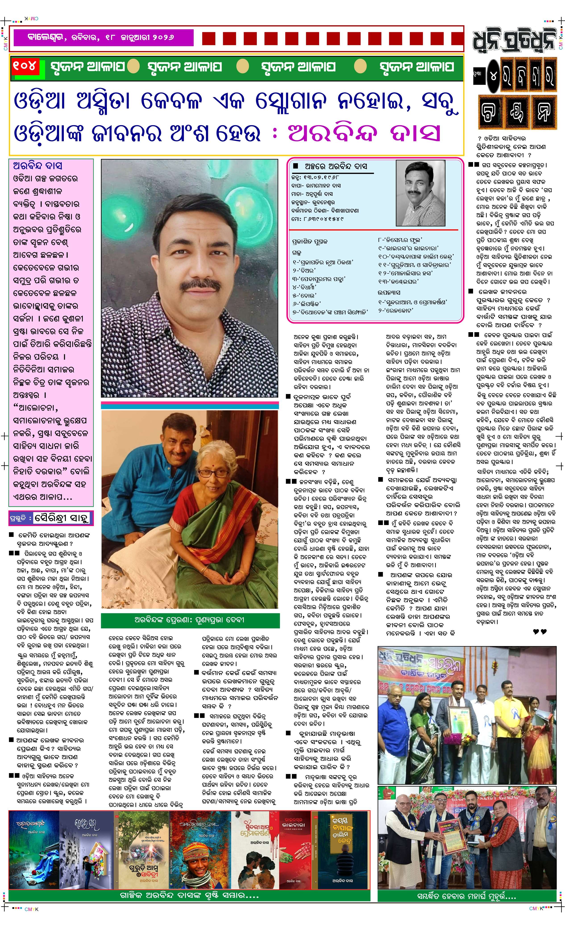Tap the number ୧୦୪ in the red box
(25, 66)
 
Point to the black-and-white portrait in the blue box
(420, 193)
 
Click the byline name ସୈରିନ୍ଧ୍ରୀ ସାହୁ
(62, 518)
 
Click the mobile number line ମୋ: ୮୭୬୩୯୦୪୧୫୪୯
(318, 219)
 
